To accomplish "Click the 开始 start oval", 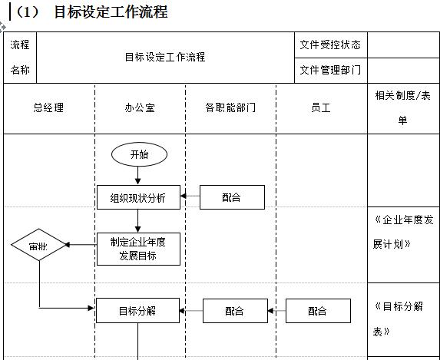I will (x=139, y=154).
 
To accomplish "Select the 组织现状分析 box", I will (x=138, y=197).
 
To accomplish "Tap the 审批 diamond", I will (x=39, y=246).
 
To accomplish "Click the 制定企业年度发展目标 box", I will (x=138, y=249).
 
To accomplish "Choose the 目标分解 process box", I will (x=137, y=311).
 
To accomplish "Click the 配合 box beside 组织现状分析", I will (x=231, y=197).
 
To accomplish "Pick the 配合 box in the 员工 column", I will (x=318, y=311).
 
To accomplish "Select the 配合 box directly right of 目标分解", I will (x=235, y=311).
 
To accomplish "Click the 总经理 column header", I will (x=48, y=108).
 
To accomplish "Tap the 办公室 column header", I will (x=139, y=108).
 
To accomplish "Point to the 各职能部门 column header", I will (x=230, y=108).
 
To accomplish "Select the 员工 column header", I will (x=320, y=108).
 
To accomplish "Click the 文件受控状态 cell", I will (x=330, y=45).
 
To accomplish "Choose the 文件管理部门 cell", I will (x=330, y=70).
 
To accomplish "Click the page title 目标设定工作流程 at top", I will (x=111, y=12).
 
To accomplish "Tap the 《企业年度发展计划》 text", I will (x=403, y=232).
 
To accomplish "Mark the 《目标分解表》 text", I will (x=399, y=319).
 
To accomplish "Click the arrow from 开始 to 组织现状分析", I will (x=138, y=176).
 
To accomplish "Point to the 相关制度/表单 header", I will (x=403, y=107).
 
